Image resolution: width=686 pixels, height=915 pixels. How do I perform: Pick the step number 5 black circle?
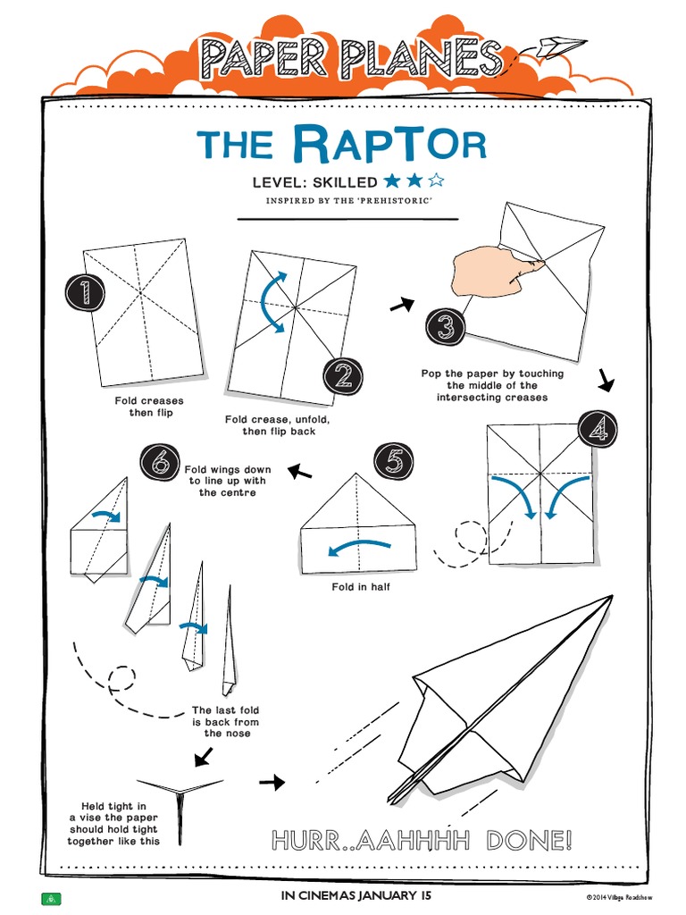click(393, 461)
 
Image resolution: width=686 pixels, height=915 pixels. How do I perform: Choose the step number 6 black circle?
click(160, 462)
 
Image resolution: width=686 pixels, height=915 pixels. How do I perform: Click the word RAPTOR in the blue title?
click(389, 144)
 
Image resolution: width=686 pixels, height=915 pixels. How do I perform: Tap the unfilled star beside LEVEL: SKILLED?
click(437, 181)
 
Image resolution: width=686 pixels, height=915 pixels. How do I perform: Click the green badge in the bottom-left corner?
click(51, 897)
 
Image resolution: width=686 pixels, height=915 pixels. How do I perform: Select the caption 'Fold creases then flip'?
click(149, 407)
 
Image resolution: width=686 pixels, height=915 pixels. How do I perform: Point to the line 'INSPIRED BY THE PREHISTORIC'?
click(349, 200)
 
